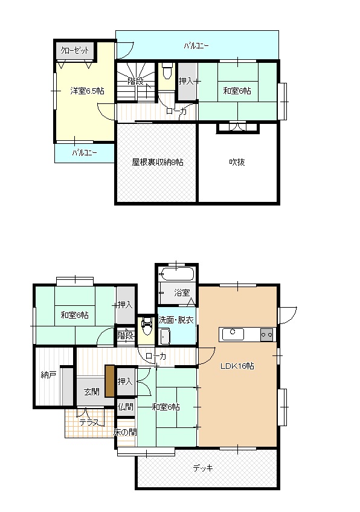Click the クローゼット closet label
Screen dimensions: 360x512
point(75,50)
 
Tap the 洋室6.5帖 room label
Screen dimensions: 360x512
point(87,91)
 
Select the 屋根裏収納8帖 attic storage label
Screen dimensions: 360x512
point(157,162)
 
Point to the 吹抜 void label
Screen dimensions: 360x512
point(237,162)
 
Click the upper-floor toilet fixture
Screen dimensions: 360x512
point(167,71)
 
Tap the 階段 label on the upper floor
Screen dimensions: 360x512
point(135,81)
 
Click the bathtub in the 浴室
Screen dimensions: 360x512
point(176,274)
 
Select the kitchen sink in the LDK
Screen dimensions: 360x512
point(233,334)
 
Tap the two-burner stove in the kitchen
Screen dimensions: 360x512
point(266,335)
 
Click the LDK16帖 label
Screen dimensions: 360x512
point(237,366)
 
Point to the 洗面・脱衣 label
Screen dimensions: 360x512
point(176,320)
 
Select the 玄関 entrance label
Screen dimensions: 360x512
point(92,392)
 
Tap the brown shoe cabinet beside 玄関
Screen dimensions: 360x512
point(110,381)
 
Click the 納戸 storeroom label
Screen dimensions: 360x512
point(48,375)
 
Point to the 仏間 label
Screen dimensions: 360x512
point(125,407)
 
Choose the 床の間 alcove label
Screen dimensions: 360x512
point(125,432)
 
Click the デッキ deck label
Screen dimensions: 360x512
point(203,468)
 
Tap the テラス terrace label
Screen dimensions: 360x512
point(89,423)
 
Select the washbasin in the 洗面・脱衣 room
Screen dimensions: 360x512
point(164,337)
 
